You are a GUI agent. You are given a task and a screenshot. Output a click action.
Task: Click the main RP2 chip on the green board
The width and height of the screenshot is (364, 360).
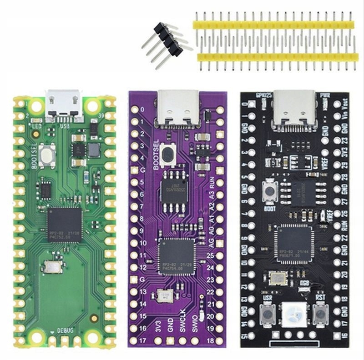65,224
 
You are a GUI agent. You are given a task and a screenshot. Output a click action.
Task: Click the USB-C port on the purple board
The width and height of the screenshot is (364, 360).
178,107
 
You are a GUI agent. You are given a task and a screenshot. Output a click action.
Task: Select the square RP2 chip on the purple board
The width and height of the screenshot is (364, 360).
177,257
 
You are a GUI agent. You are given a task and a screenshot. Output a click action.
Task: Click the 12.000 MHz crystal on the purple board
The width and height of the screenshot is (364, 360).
163,296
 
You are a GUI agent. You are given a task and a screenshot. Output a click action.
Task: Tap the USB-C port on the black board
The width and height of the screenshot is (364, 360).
292,108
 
